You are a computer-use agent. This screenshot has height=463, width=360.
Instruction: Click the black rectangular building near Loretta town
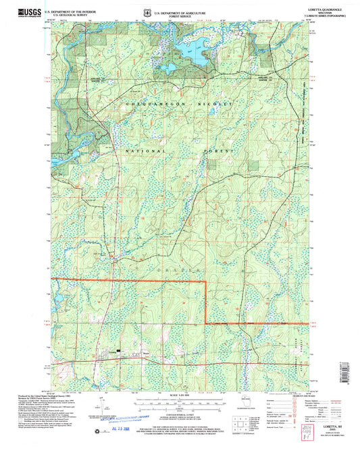[120, 352]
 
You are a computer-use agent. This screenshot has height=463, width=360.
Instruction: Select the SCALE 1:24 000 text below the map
[179, 394]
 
